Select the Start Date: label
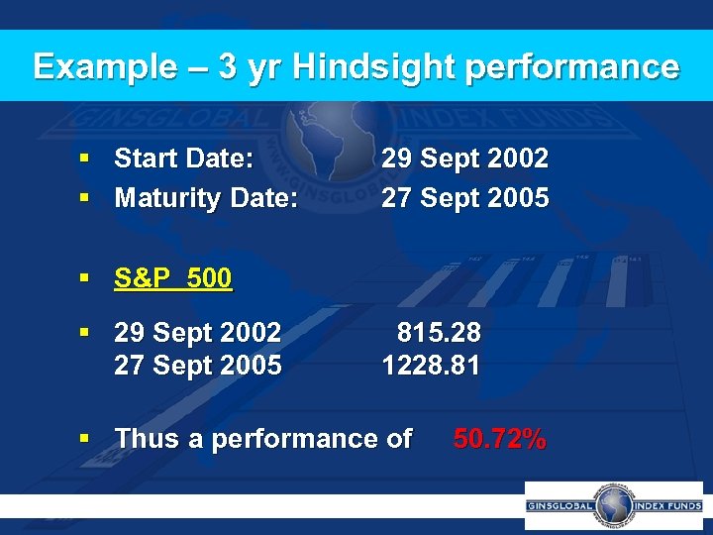184,159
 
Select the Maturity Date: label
206,198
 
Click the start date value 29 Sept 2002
465,159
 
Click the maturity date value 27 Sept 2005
465,198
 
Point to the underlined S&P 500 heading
173,279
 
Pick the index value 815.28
439,331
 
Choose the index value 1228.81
432,366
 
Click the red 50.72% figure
499,439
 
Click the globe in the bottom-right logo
613,504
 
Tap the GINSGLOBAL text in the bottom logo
560,505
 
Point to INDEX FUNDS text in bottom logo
665,505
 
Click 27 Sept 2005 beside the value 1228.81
198,366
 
